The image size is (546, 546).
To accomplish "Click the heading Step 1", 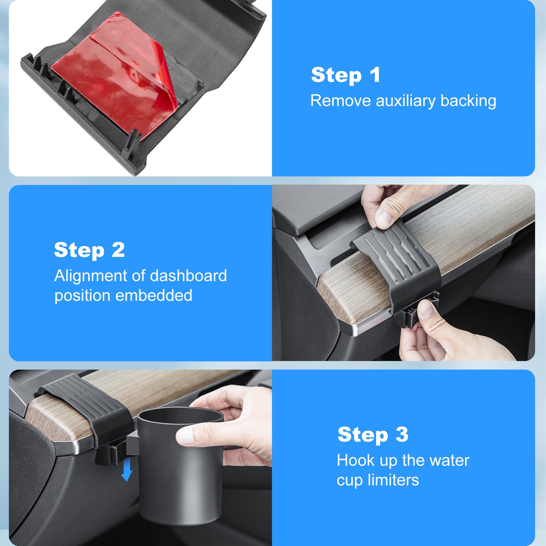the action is coord(346,75).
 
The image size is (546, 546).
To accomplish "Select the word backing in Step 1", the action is coord(469,101).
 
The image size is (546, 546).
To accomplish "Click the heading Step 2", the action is coord(89,250).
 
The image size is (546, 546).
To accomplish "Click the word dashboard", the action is coord(188,275).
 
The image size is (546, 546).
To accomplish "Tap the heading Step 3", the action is coord(373,435).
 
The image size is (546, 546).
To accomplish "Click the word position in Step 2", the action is coord(82,296).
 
